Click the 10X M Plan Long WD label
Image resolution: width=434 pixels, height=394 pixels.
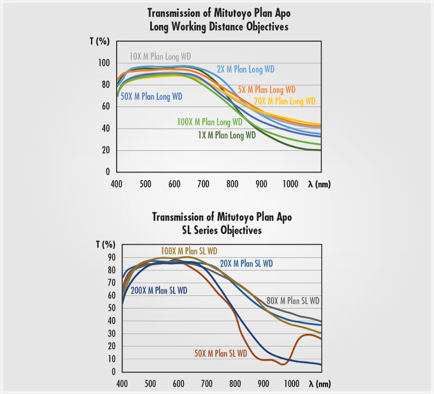(x=160, y=56)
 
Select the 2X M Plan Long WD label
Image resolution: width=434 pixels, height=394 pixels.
(x=245, y=69)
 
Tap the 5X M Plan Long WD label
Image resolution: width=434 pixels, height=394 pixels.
(x=267, y=90)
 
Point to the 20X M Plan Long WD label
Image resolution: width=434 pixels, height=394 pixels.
(x=284, y=101)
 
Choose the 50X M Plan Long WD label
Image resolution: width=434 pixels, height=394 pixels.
(x=151, y=97)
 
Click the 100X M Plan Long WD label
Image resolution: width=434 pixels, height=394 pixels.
(x=209, y=122)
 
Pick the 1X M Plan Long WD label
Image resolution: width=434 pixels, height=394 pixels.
(x=227, y=135)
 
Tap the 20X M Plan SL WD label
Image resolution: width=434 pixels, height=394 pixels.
(x=246, y=264)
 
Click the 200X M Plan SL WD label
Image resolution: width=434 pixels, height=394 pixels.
(x=159, y=290)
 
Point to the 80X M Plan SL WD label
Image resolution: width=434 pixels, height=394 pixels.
(x=293, y=301)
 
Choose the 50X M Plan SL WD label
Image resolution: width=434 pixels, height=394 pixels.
(x=221, y=353)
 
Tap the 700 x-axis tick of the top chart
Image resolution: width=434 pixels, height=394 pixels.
(x=203, y=184)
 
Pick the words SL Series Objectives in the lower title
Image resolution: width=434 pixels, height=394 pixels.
(x=222, y=230)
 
